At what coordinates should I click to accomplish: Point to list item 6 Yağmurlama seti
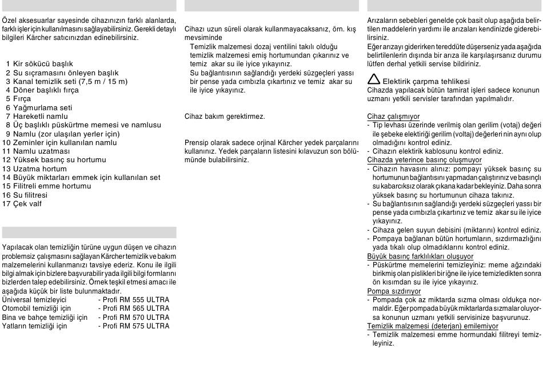pyautogui.click(x=38, y=107)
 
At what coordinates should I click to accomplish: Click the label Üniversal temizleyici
pyautogui.click(x=35, y=299)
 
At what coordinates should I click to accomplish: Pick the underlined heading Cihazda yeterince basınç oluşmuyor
pyautogui.click(x=424, y=160)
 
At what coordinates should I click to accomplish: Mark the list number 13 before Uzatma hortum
pyautogui.click(x=7, y=169)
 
